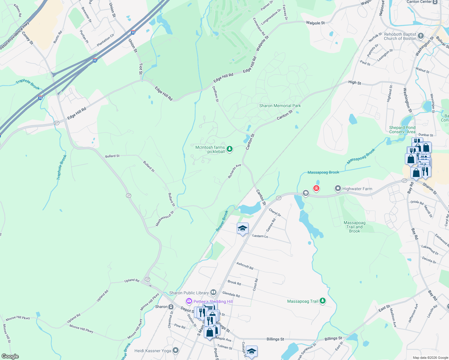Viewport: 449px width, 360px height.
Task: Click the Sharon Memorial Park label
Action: click(280, 106)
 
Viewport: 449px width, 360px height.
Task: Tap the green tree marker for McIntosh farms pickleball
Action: click(230, 149)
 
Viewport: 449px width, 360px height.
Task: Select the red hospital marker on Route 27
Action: click(316, 188)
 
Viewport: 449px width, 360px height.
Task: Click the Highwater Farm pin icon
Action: click(338, 189)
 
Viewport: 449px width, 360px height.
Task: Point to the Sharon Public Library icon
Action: click(213, 292)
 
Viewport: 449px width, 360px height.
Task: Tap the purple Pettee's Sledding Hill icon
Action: click(189, 301)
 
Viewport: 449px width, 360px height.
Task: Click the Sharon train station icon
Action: click(171, 307)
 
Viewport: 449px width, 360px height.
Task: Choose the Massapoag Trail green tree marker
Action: click(323, 301)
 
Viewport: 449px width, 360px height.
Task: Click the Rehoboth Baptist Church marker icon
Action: click(421, 36)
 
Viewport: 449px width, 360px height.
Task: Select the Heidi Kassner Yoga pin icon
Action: click(176, 350)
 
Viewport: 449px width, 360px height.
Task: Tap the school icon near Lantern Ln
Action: click(243, 229)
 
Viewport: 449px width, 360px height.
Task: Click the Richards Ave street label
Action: click(234, 171)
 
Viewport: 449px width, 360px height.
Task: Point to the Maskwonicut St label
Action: click(165, 219)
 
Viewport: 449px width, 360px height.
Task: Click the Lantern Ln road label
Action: click(260, 236)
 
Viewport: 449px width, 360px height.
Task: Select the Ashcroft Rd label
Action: click(245, 265)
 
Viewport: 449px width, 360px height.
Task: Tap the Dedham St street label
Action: click(215, 94)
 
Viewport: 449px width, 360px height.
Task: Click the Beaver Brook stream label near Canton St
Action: click(222, 221)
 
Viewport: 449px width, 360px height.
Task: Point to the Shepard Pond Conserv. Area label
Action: click(402, 130)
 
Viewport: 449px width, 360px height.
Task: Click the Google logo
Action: click(10, 356)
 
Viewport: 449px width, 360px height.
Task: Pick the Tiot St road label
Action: click(140, 69)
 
